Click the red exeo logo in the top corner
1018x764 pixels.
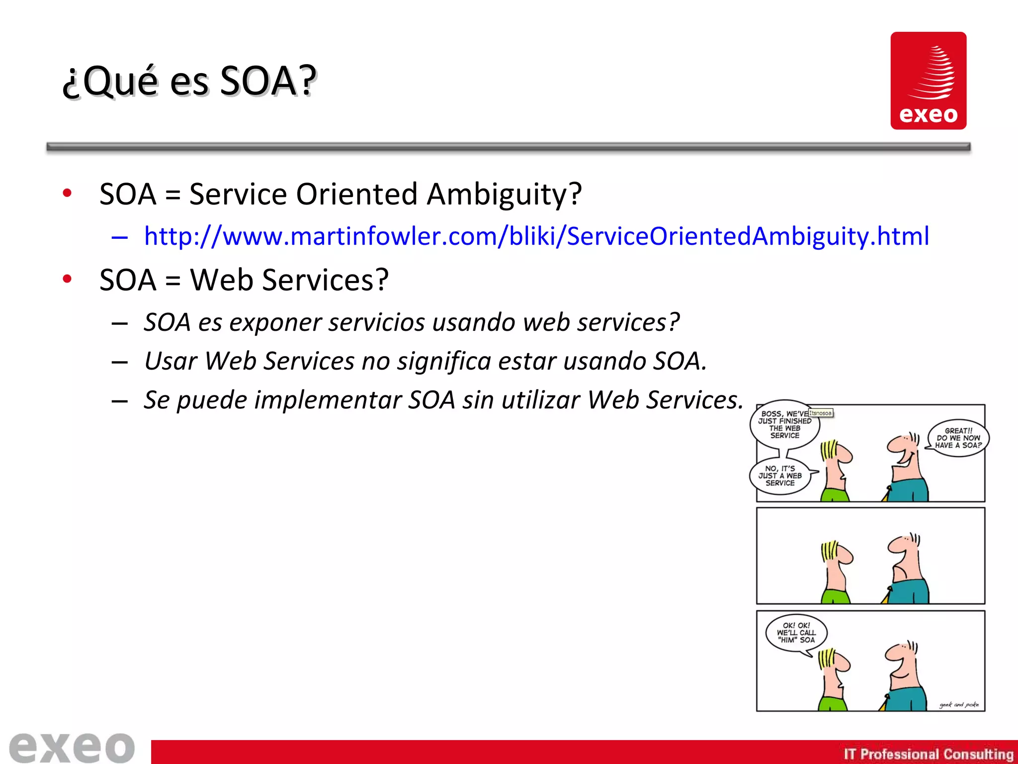point(928,81)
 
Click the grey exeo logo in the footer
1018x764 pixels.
point(72,747)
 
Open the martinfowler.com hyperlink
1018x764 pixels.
point(536,236)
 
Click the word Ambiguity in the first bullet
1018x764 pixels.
point(503,194)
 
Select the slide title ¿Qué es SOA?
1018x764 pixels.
point(189,81)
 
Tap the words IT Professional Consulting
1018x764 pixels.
point(928,754)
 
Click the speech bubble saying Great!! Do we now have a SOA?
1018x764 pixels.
point(958,438)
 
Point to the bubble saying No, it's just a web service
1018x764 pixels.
point(780,476)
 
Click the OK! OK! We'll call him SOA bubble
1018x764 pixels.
point(796,633)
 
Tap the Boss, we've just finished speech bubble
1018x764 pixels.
point(784,424)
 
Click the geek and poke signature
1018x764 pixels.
point(959,704)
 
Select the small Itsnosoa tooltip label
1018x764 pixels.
point(820,413)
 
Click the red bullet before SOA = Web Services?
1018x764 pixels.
point(67,279)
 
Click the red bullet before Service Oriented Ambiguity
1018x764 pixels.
point(67,193)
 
